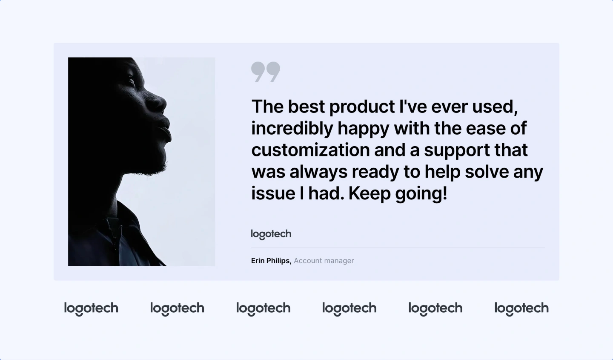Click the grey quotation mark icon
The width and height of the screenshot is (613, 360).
(x=266, y=72)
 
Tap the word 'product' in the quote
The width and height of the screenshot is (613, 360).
(x=362, y=107)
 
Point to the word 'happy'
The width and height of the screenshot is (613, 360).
(x=363, y=129)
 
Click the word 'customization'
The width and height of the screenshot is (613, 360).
(x=311, y=150)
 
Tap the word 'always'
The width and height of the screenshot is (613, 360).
(x=318, y=172)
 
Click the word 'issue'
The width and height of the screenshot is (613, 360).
(x=273, y=193)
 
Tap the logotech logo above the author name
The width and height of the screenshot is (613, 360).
(x=271, y=234)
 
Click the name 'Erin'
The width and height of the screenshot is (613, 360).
(x=258, y=261)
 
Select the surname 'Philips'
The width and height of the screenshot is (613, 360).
(x=279, y=261)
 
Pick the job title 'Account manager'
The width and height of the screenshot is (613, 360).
(x=324, y=261)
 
